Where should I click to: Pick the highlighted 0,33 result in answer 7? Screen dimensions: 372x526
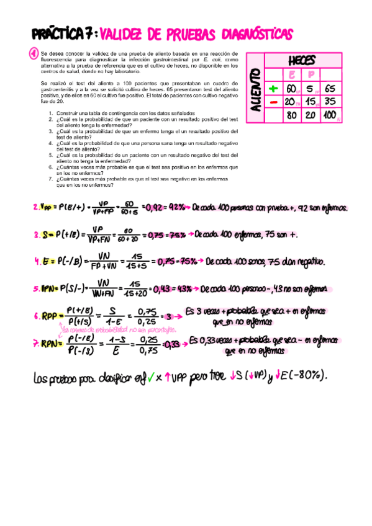175,344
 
